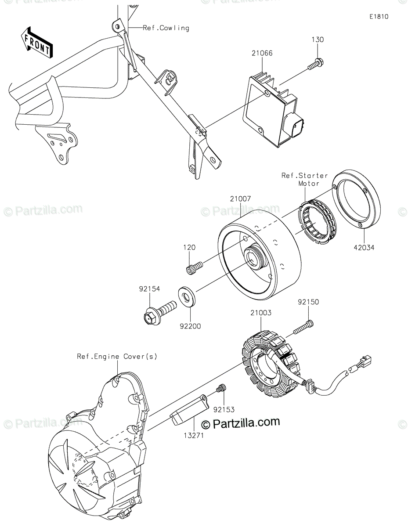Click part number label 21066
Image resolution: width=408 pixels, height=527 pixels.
262,53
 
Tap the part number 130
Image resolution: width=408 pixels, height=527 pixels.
318,40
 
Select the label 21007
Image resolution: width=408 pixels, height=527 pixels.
240,199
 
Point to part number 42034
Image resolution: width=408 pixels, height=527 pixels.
364,248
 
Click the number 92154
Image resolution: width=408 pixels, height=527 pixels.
149,289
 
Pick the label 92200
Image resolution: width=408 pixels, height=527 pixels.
190,326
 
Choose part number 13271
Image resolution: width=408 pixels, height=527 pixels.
193,435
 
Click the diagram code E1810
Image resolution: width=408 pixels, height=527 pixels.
379,17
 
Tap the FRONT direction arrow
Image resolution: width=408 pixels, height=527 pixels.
36,43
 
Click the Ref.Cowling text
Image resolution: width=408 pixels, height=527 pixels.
166,28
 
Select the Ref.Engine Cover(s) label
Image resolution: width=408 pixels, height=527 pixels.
117,356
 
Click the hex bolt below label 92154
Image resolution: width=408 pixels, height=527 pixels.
159,313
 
